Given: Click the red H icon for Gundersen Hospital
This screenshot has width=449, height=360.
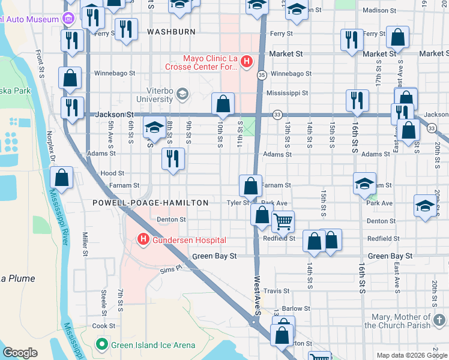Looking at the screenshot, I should click(143, 240).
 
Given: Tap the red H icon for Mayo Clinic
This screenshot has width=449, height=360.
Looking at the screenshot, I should click(247, 61).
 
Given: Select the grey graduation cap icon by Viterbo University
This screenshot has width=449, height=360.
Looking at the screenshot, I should click(182, 94).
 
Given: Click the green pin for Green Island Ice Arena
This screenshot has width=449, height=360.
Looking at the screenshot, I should click(101, 345).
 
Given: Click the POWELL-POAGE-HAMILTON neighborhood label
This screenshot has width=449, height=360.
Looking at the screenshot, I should click(150, 203).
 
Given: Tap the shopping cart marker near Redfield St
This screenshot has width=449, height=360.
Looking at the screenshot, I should click(282, 222).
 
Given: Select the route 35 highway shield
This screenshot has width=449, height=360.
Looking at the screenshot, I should click(262, 75).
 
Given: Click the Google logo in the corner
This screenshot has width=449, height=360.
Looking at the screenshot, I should click(20, 353).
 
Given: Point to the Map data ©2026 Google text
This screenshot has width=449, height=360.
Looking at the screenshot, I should click(411, 355).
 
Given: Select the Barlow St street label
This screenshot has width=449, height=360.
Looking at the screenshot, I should click(296, 309).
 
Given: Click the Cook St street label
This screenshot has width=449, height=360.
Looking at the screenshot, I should click(104, 326).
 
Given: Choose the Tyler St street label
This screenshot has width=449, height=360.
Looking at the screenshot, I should click(237, 203).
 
